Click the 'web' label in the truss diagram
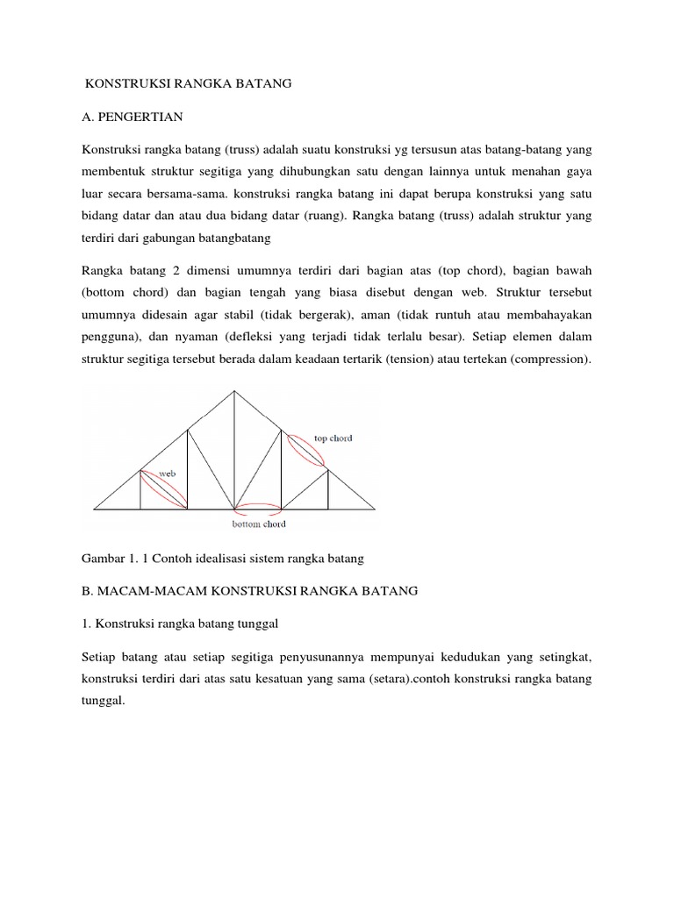(168, 473)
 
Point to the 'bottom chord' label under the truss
(259, 524)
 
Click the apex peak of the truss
(234, 391)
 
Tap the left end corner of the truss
(94, 509)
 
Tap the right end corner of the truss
(375, 509)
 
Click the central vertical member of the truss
(234, 452)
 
